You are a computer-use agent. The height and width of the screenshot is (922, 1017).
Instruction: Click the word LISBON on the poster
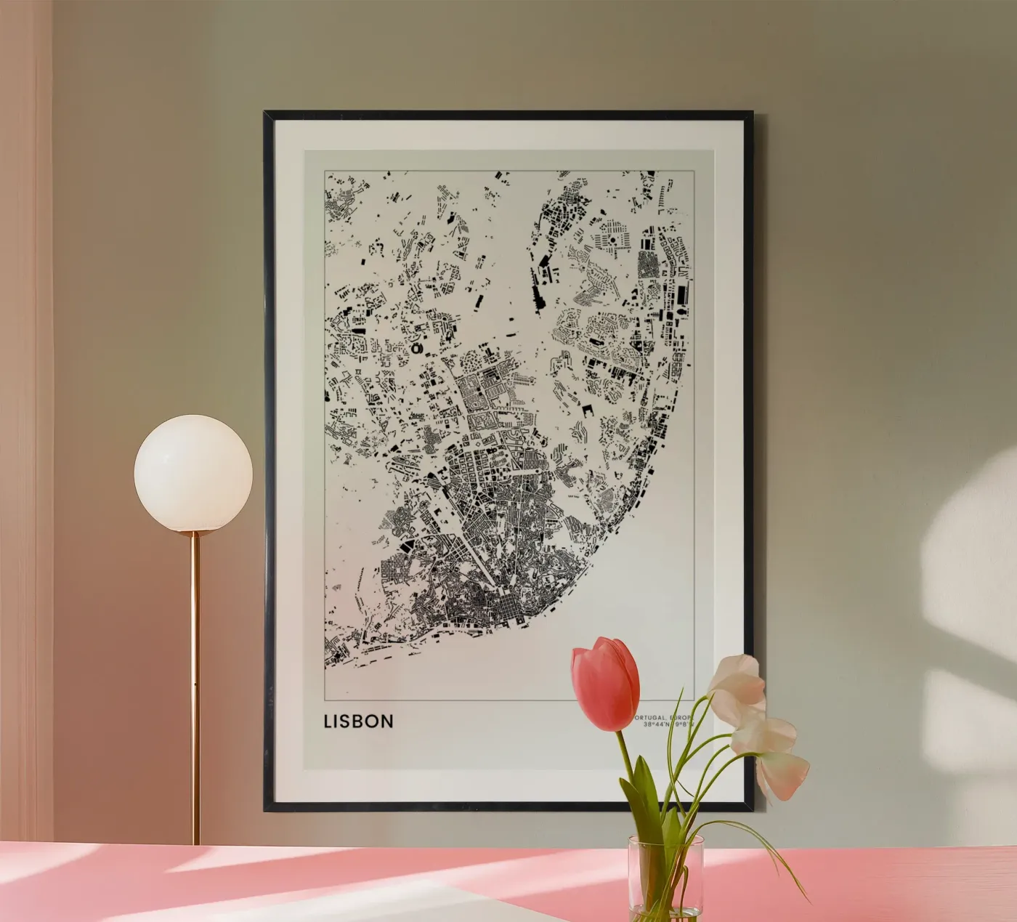click(x=359, y=721)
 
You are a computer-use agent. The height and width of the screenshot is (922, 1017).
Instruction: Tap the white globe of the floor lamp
click(x=193, y=473)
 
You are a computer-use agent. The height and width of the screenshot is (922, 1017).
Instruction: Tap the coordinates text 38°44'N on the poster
click(x=653, y=724)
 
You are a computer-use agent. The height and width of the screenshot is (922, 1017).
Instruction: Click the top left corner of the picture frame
click(x=267, y=113)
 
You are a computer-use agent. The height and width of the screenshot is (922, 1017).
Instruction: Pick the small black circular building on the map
click(x=416, y=349)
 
